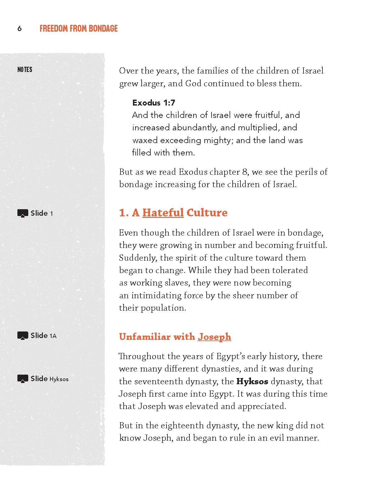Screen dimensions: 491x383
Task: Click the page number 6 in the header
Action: (x=20, y=29)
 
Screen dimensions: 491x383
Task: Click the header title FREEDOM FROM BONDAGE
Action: (x=79, y=29)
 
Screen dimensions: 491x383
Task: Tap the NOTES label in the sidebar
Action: (x=25, y=70)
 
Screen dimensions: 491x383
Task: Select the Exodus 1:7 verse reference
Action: (x=154, y=103)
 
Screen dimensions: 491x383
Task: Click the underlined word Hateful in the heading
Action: (x=163, y=213)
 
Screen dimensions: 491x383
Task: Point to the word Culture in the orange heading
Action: (x=207, y=213)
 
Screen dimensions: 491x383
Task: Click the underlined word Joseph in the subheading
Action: (x=214, y=337)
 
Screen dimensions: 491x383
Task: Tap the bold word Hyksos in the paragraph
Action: (x=252, y=381)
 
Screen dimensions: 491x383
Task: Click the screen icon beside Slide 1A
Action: (x=23, y=336)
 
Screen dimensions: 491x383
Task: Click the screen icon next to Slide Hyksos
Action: (x=23, y=379)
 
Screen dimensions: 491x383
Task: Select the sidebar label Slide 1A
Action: (x=43, y=336)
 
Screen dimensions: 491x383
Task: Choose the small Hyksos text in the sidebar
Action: (x=59, y=379)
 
